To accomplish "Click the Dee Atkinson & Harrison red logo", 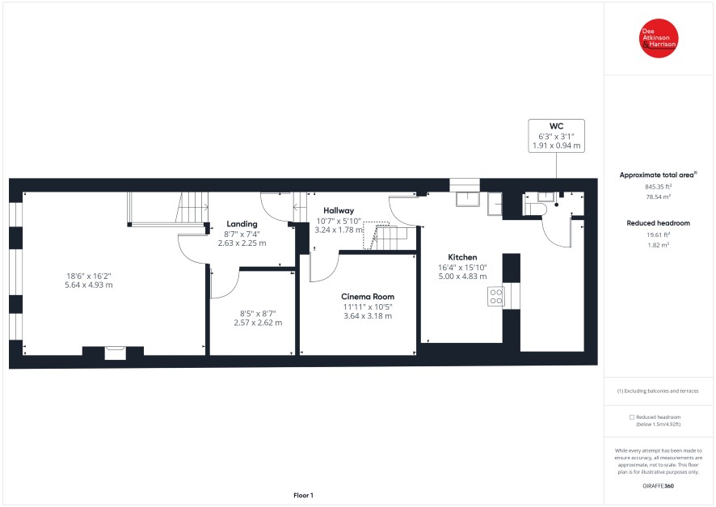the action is (659, 38).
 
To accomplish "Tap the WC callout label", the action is (556, 136).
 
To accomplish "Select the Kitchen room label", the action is (462, 257).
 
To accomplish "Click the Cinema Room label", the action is (368, 297).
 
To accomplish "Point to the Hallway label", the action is (339, 210).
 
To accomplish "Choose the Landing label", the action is (242, 224).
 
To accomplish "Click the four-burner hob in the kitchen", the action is (496, 296).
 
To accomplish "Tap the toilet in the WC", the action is (535, 209).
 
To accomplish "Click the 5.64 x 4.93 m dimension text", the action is (89, 285).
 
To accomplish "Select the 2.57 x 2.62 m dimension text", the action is (258, 323).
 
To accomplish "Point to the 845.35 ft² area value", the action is (658, 187).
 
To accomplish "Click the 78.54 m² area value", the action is (658, 196).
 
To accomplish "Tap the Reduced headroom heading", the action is (658, 223).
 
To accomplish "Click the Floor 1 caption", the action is (303, 495).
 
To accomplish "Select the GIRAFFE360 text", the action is (658, 486).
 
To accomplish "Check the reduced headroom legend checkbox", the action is (632, 417).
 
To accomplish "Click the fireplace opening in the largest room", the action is (115, 353).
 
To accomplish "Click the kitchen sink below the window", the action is (468, 199).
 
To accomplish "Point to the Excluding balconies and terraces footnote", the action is (658, 391).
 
